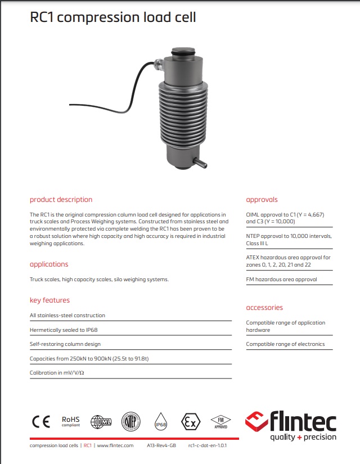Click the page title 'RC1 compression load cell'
pyautogui.click(x=112, y=17)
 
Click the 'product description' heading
pyautogui.click(x=61, y=200)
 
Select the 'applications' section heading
pyautogui.click(x=49, y=264)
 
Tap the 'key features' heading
pyautogui.click(x=49, y=300)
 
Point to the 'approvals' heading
pyautogui.click(x=262, y=200)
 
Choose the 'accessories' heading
pyautogui.click(x=264, y=308)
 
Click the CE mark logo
pyautogui.click(x=40, y=421)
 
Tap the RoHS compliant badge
pyautogui.click(x=71, y=421)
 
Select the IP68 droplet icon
pyautogui.click(x=161, y=422)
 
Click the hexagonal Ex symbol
pyautogui.click(x=190, y=421)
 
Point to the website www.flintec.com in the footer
pyautogui.click(x=115, y=445)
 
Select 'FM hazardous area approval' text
pyautogui.click(x=281, y=279)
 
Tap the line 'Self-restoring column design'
pyautogui.click(x=65, y=344)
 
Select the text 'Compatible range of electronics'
pyautogui.click(x=285, y=344)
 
